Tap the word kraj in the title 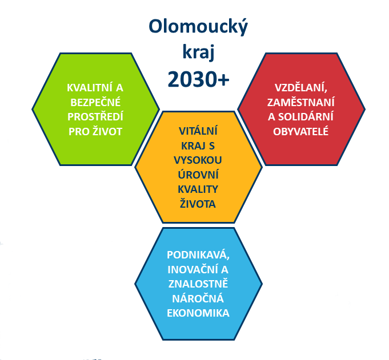(x=198, y=52)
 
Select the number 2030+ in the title (x=198, y=79)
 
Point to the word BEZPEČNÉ (x=95, y=102)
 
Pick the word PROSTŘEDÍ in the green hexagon (x=95, y=116)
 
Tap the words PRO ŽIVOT (x=95, y=131)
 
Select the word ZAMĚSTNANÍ (x=301, y=102)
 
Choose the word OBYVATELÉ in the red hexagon (x=301, y=131)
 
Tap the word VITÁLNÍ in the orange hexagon (x=198, y=131)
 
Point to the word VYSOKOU (x=198, y=160)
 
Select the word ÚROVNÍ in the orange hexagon (x=198, y=175)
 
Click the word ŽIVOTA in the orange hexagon (x=198, y=204)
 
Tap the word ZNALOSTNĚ (x=198, y=284)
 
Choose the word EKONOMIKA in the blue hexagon (x=198, y=313)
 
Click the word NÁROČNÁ (x=198, y=298)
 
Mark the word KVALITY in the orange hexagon (x=198, y=189)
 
